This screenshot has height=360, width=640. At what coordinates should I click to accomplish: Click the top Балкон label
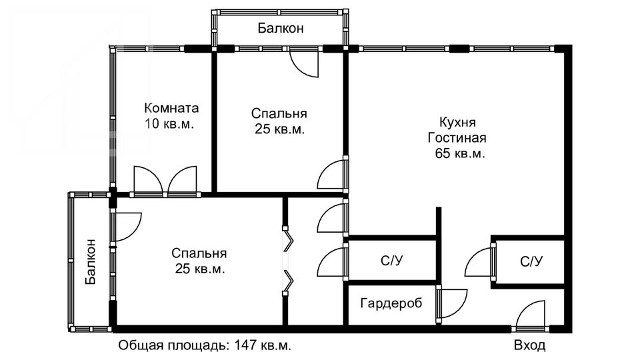click(x=281, y=28)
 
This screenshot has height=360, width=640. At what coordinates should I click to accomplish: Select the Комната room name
click(x=171, y=108)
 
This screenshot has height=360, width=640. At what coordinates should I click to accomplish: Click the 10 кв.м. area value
click(x=169, y=124)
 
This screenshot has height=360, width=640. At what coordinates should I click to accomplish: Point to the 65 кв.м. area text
click(x=460, y=153)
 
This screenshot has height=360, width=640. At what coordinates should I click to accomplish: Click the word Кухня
click(x=457, y=122)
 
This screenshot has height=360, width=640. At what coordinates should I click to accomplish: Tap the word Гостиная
click(x=457, y=137)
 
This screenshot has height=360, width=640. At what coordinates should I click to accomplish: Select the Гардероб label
click(x=391, y=303)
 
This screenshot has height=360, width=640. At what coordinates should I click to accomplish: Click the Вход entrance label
click(x=529, y=345)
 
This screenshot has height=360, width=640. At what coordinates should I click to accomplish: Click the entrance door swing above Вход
click(x=530, y=313)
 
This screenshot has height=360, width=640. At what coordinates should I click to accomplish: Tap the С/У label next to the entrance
click(x=531, y=261)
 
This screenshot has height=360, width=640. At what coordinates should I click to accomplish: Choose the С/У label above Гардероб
click(x=392, y=261)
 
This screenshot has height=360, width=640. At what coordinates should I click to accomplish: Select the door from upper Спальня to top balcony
click(x=304, y=63)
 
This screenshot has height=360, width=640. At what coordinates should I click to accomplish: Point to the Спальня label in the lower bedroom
click(x=199, y=253)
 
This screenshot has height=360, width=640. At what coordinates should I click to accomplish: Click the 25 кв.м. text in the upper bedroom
click(x=279, y=129)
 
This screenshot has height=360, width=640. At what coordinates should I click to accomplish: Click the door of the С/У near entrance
click(x=479, y=261)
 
